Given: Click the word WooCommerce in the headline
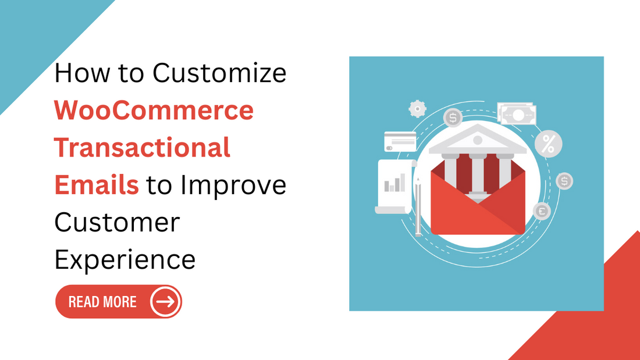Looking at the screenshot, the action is pyautogui.click(x=154, y=110).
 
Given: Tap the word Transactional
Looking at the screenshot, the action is pyautogui.click(x=143, y=147).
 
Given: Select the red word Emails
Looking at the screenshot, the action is pyautogui.click(x=97, y=185).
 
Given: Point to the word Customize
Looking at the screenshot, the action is pyautogui.click(x=219, y=73).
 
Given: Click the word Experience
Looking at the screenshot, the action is pyautogui.click(x=125, y=260).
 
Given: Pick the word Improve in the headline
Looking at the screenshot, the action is pyautogui.click(x=233, y=186).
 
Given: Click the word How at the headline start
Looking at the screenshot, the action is pyautogui.click(x=82, y=73).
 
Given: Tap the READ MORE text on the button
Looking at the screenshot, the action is pyautogui.click(x=102, y=302).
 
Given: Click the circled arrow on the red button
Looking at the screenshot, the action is pyautogui.click(x=165, y=302).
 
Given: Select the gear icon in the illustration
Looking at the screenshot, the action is pyautogui.click(x=418, y=109).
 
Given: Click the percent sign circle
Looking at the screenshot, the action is pyautogui.click(x=548, y=144).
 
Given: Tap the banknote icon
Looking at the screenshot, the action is pyautogui.click(x=517, y=114).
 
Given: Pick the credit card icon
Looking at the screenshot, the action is pyautogui.click(x=400, y=141).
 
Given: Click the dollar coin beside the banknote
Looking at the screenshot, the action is pyautogui.click(x=453, y=118).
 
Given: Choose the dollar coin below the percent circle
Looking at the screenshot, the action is pyautogui.click(x=564, y=181).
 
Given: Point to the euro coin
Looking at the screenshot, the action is pyautogui.click(x=542, y=212).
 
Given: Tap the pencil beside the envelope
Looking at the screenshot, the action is pyautogui.click(x=418, y=207).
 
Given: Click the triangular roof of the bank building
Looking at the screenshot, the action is pyautogui.click(x=478, y=139).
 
